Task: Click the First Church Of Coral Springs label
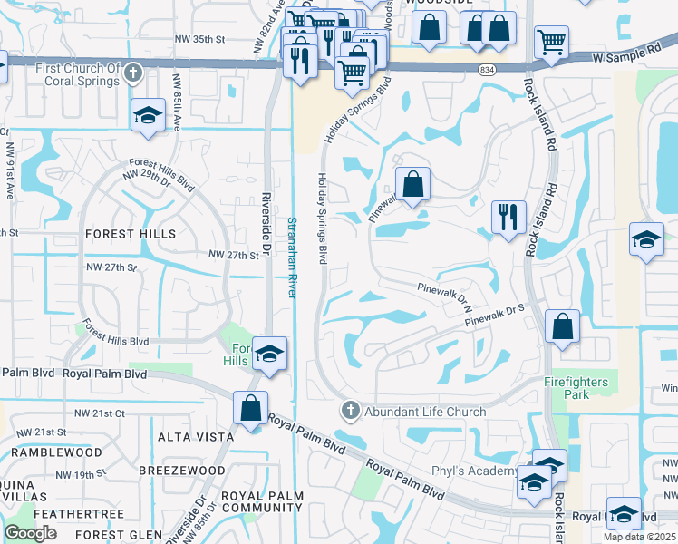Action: tap(77, 75)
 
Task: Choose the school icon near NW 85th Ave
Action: tap(148, 116)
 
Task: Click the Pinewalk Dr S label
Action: tap(496, 316)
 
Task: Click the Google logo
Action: tap(30, 533)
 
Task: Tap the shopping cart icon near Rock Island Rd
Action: tap(551, 42)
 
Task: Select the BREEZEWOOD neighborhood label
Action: tap(182, 471)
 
